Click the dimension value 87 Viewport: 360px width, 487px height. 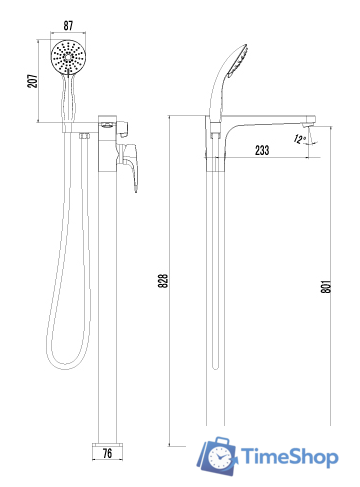pyautogui.click(x=68, y=26)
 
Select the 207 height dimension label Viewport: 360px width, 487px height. pyautogui.click(x=32, y=81)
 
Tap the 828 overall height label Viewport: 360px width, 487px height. pyautogui.click(x=163, y=281)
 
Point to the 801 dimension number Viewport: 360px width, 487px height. pyautogui.click(x=326, y=286)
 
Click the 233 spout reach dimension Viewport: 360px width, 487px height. pyautogui.click(x=262, y=150)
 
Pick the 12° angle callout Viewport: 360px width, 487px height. pyautogui.click(x=300, y=139)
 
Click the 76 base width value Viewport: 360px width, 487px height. pyautogui.click(x=107, y=453)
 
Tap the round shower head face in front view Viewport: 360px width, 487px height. pyautogui.click(x=68, y=57)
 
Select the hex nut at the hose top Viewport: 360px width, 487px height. pyautogui.click(x=84, y=136)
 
